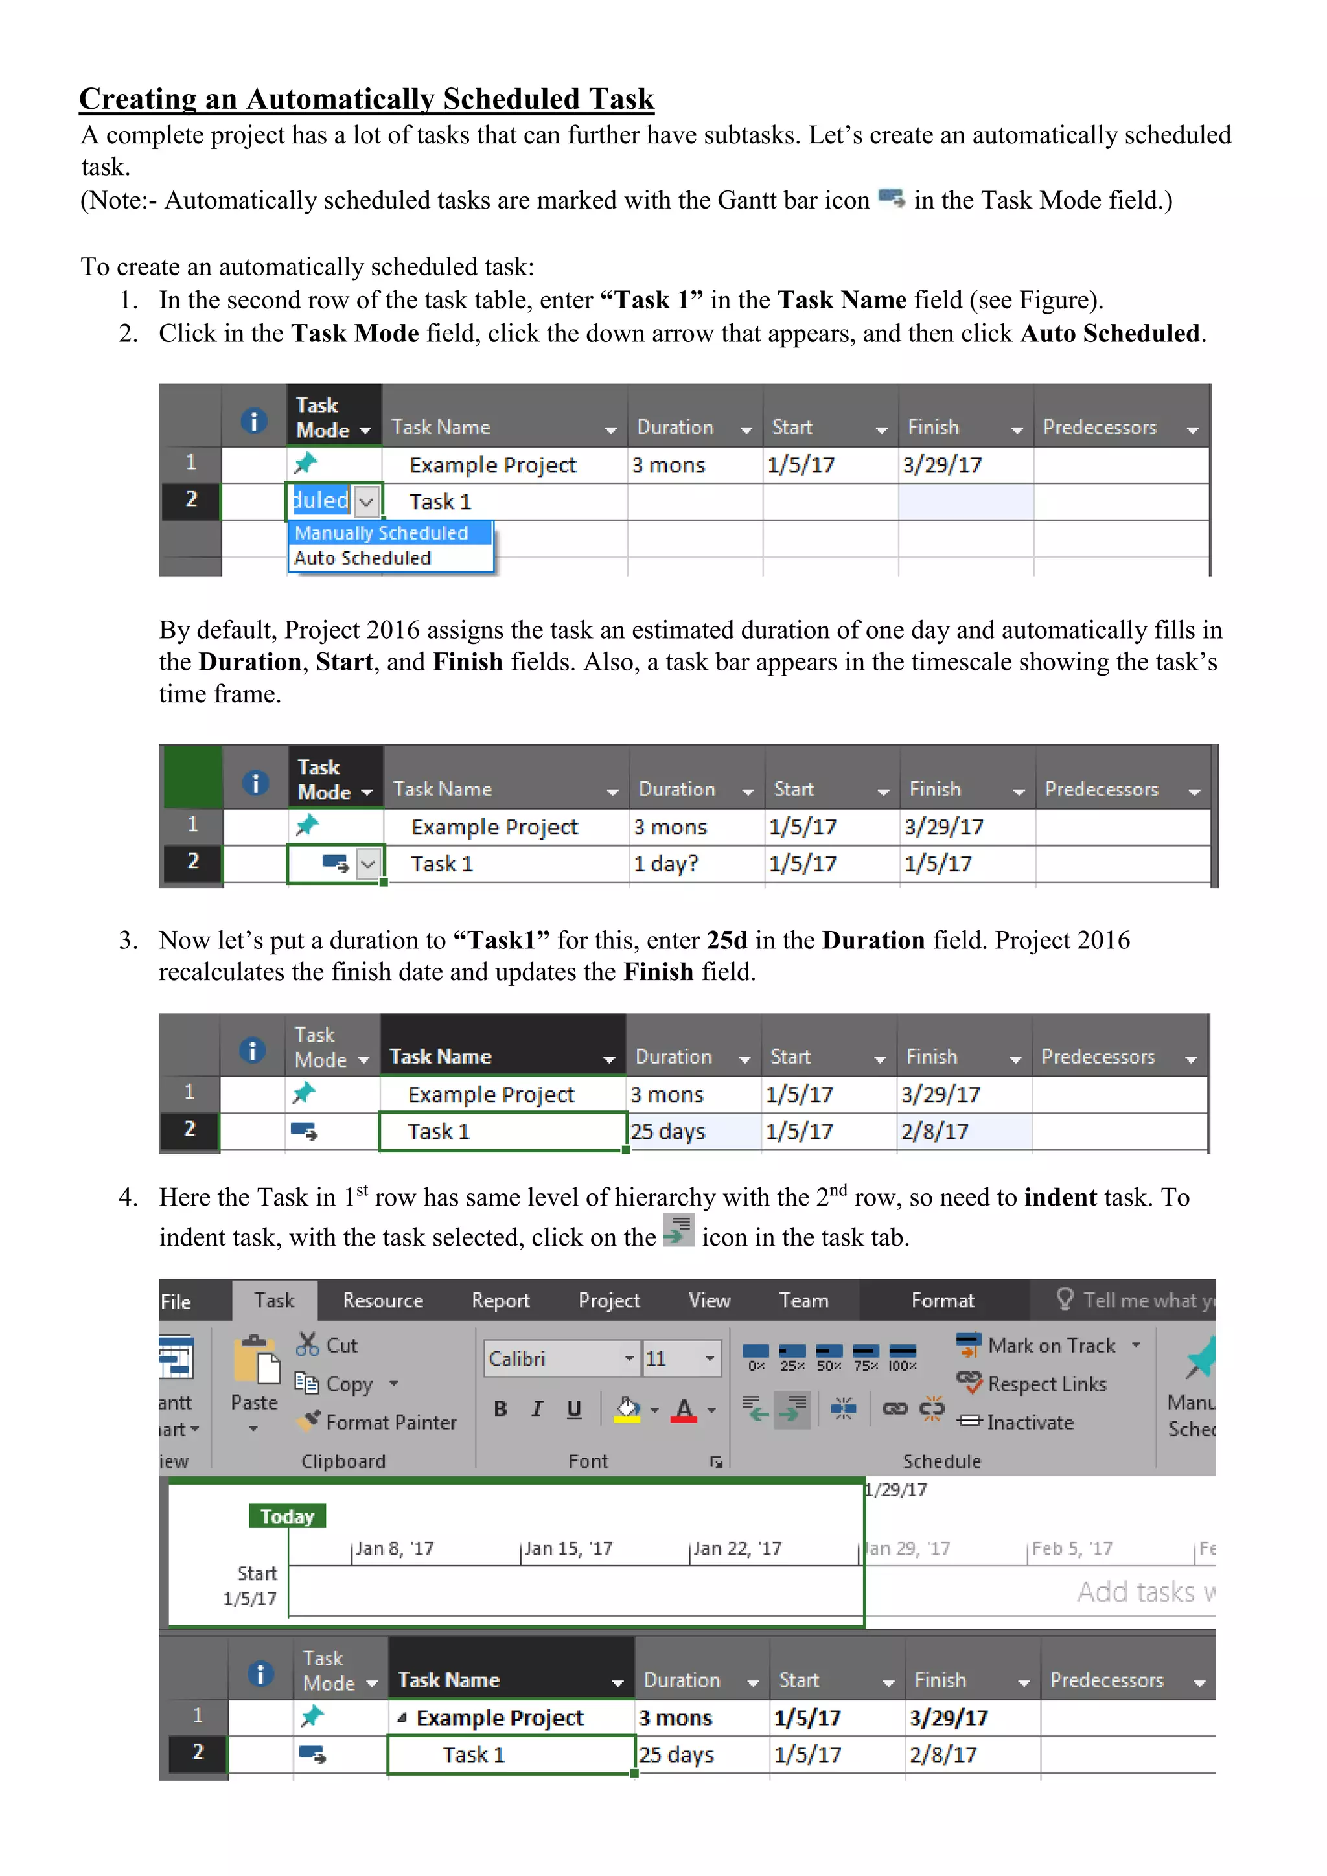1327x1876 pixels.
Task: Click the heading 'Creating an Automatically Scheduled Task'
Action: coord(366,99)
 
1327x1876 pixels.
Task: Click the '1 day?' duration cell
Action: coord(666,864)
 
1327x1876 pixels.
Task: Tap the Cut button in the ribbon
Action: coord(328,1345)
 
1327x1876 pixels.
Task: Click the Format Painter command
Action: coord(378,1423)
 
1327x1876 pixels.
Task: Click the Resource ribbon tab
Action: coord(382,1301)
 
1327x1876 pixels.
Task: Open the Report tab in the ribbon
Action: coord(500,1301)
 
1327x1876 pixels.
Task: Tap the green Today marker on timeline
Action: coord(287,1516)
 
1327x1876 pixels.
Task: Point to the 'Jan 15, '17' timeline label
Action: coord(568,1548)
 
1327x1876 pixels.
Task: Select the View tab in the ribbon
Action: coord(708,1301)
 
